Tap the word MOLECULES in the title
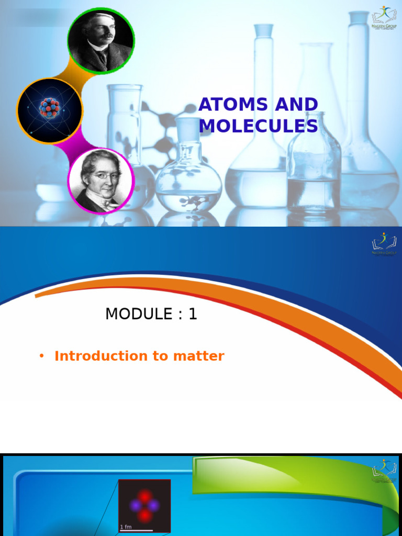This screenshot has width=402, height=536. tap(258, 126)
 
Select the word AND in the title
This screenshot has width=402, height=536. tap(297, 105)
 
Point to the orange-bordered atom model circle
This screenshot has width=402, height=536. tap(50, 110)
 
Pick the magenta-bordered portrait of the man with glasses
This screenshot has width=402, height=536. tap(101, 181)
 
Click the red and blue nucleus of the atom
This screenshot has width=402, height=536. tap(49, 108)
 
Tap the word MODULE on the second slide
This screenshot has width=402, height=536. tap(139, 314)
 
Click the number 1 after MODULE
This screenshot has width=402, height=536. tap(193, 314)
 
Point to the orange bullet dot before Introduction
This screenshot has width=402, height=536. tap(41, 356)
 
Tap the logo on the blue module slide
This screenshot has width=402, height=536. tap(384, 244)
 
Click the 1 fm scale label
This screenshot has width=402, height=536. tap(126, 527)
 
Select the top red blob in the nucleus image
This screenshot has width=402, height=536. tap(145, 496)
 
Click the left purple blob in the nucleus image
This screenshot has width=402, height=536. tap(136, 506)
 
